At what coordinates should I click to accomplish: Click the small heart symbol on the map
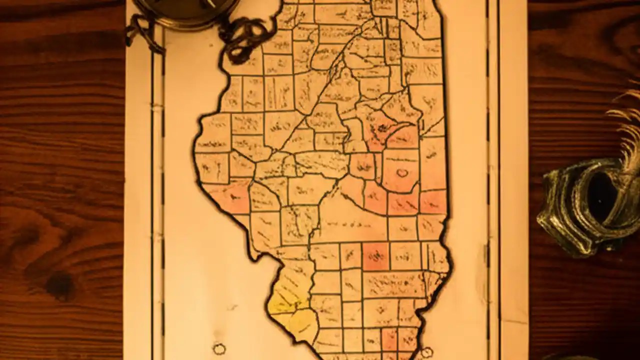click(x=402, y=173)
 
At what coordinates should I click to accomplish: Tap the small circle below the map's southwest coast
click(x=219, y=348)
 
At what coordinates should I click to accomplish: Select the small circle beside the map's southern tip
click(x=426, y=353)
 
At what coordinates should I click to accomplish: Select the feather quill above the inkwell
click(x=627, y=130)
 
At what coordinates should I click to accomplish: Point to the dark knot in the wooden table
click(x=60, y=285)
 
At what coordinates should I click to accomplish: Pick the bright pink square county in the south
click(x=375, y=256)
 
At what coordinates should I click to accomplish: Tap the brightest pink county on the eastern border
click(x=433, y=201)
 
